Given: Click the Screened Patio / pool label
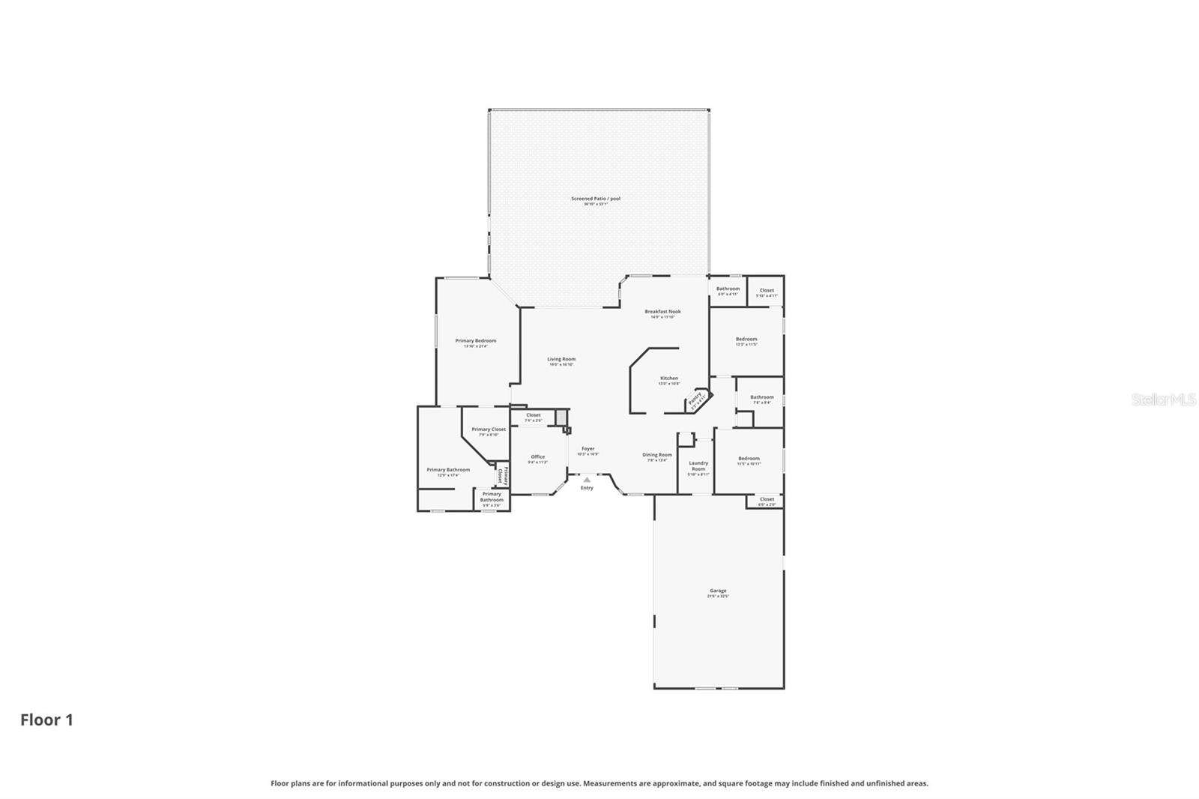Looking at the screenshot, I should (596, 199).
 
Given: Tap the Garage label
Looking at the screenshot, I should (717, 591).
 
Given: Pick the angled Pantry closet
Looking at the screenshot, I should (695, 399).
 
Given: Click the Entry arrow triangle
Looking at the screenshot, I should (587, 480).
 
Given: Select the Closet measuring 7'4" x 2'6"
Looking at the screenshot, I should (533, 416).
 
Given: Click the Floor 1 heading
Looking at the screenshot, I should (46, 720).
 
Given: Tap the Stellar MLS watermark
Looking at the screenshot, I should (1163, 400).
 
